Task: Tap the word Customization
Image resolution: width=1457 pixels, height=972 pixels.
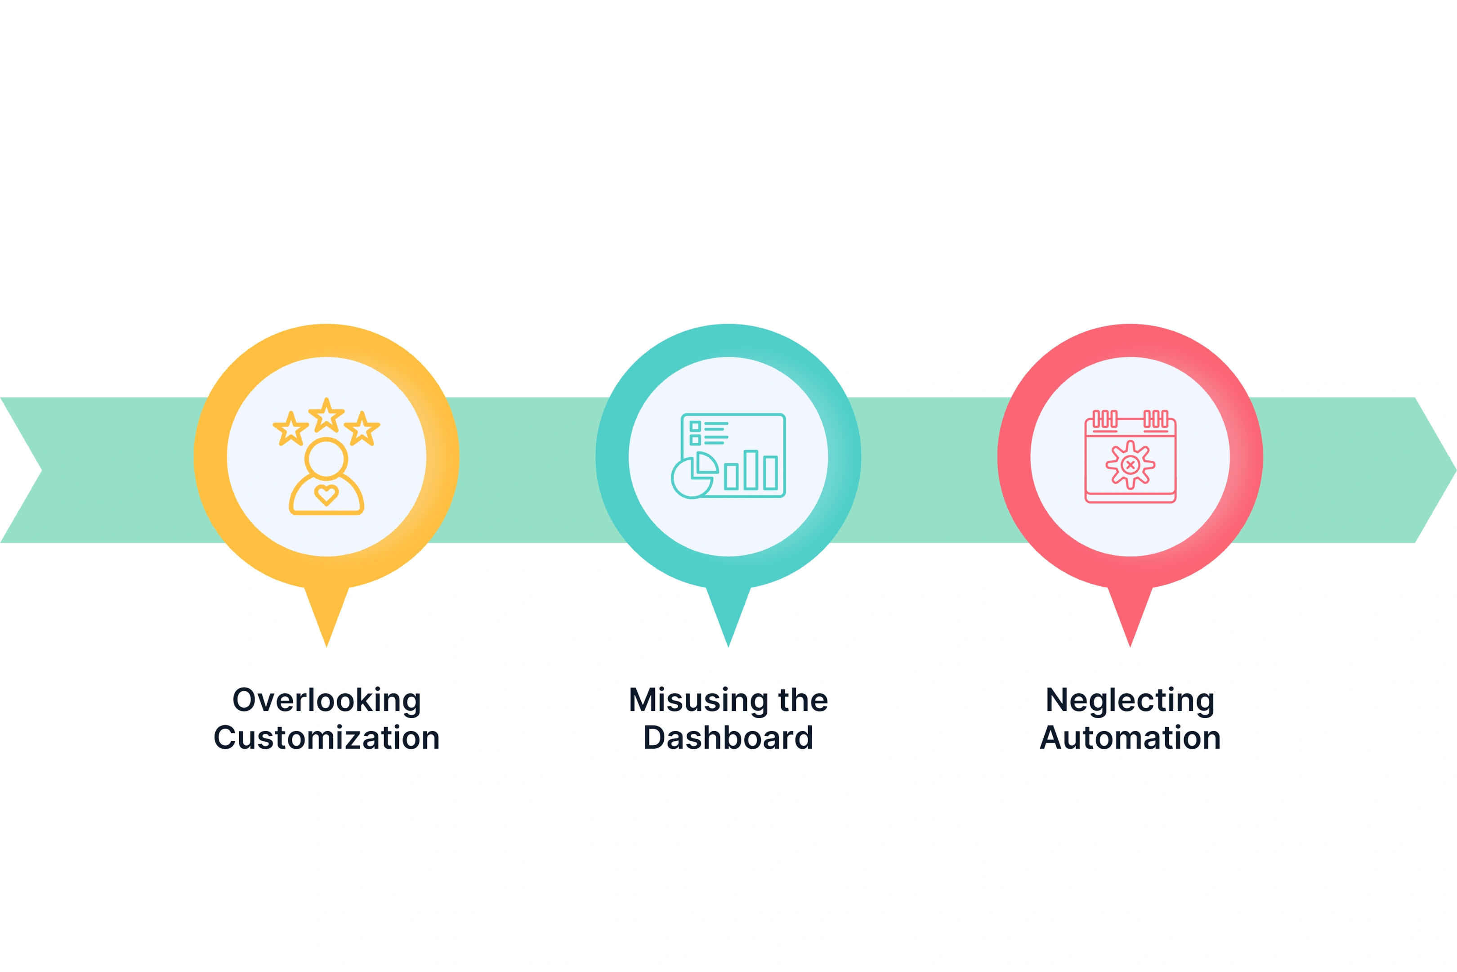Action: (326, 738)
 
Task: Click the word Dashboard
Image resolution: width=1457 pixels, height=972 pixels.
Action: (728, 738)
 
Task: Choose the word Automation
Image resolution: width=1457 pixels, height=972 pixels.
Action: (1130, 738)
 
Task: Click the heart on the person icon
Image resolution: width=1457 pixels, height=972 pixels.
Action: (326, 495)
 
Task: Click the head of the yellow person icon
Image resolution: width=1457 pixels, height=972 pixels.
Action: (326, 459)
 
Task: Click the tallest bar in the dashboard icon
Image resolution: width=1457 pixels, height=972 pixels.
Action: (751, 470)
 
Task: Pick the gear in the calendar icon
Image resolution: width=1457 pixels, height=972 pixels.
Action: (1130, 464)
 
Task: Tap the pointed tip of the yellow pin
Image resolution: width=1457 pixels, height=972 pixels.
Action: (326, 647)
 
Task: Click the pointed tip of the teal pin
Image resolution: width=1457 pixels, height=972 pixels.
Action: (728, 647)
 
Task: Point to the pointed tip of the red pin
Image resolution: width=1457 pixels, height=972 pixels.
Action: (1130, 647)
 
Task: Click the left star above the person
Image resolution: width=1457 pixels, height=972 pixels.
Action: (291, 428)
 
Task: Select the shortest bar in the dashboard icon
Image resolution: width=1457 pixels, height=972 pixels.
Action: (731, 477)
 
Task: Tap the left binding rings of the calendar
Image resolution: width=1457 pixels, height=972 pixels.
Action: (1104, 418)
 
